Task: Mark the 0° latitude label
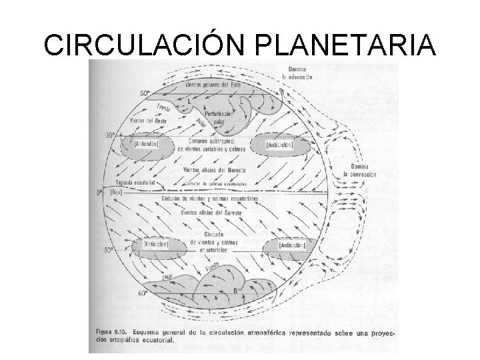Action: click(x=101, y=192)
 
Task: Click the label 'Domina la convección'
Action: click(x=359, y=170)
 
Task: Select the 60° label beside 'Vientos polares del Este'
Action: click(x=144, y=93)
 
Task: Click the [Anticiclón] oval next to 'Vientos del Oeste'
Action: click(x=146, y=144)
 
